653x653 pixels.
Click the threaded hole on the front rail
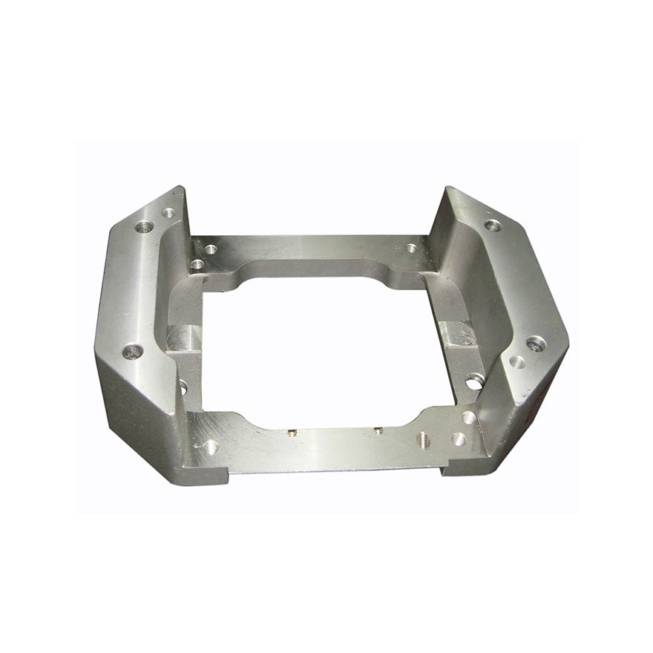click(423, 439)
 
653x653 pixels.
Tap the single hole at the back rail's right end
click(411, 248)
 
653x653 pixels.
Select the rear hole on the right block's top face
click(492, 226)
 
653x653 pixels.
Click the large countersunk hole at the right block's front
click(536, 344)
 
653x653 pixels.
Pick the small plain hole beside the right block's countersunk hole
click(517, 362)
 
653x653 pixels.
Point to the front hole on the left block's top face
click(132, 351)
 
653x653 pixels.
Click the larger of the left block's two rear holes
click(145, 226)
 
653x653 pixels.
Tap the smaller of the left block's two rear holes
click(168, 213)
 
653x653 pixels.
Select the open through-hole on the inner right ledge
click(475, 381)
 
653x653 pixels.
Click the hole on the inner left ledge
click(183, 387)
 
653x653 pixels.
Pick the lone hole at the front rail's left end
click(211, 447)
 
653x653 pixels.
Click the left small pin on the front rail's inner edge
click(292, 433)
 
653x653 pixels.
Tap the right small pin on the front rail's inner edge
click(378, 430)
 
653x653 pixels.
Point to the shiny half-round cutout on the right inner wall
click(459, 333)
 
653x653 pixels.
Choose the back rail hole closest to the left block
click(197, 264)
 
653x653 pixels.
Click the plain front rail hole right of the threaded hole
click(459, 439)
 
